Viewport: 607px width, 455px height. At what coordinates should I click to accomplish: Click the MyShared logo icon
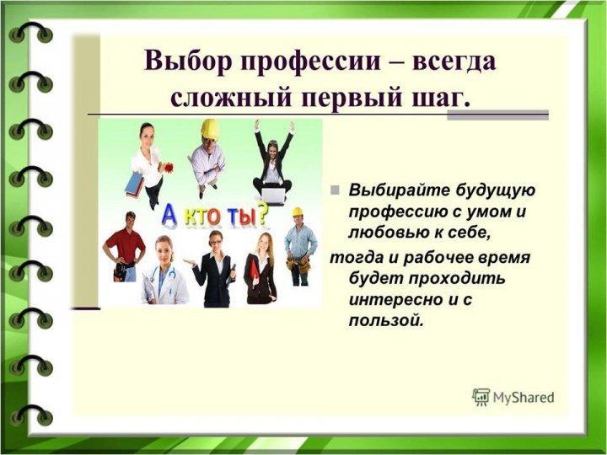[481, 398]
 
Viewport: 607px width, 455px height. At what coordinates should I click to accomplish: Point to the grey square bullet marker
[335, 190]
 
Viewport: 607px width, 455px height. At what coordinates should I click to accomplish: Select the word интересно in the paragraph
[395, 300]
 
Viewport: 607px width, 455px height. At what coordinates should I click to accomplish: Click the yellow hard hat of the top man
[210, 128]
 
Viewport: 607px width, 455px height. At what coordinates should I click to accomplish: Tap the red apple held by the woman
[169, 168]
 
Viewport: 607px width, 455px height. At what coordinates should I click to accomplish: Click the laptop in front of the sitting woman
[273, 196]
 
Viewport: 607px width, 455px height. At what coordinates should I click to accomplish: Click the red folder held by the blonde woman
[255, 270]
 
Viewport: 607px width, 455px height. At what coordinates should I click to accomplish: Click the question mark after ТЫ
[261, 213]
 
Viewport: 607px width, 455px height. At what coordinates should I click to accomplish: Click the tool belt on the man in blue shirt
[298, 263]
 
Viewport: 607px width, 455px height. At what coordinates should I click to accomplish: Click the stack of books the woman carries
[134, 185]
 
